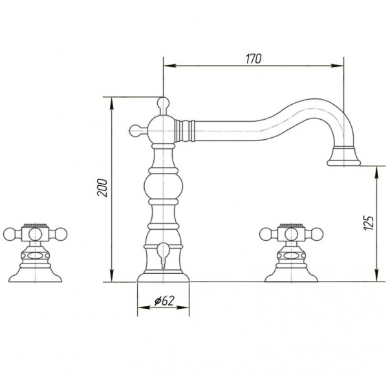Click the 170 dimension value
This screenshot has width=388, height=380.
253,59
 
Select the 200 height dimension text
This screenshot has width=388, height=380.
102,188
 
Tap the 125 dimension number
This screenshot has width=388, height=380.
369,223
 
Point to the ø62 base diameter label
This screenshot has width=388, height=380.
164,300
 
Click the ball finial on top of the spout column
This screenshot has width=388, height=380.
164,104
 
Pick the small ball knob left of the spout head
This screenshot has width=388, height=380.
135,130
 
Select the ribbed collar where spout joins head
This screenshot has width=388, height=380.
184,131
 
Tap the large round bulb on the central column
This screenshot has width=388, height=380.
164,185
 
